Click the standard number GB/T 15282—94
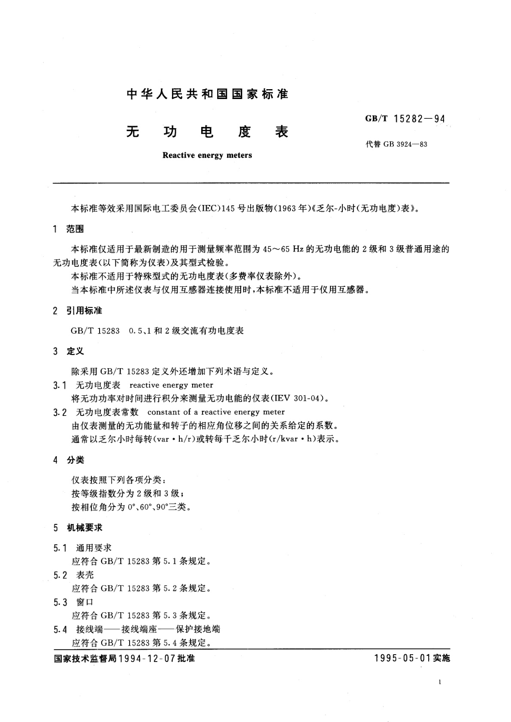click(405, 119)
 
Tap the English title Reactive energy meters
click(207, 155)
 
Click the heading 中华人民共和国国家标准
click(208, 94)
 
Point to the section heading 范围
click(75, 229)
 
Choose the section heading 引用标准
click(84, 310)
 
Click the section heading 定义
click(75, 351)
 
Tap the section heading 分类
click(75, 460)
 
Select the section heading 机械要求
click(84, 527)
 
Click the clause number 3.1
click(60, 385)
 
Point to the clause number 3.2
click(60, 412)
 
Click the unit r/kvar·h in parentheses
click(290, 439)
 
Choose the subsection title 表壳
click(85, 575)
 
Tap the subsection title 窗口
click(85, 602)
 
